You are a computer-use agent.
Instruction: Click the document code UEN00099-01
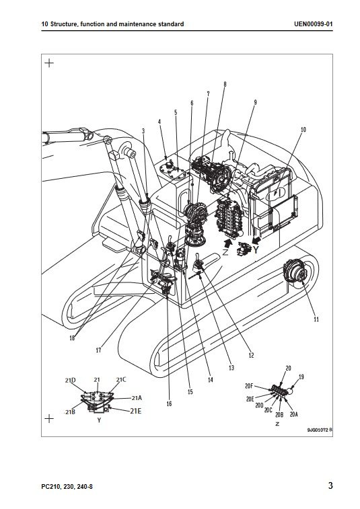point(313,24)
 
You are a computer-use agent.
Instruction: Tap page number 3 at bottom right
point(330,485)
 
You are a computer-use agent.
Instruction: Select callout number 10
point(303,130)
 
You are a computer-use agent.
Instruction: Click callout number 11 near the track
point(316,319)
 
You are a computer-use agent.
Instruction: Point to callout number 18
point(72,338)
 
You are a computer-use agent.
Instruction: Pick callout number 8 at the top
point(225,85)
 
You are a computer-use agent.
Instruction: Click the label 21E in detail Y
point(136,412)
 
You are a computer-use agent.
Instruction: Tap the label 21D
point(70,381)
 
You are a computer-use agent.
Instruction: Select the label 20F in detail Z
point(249,386)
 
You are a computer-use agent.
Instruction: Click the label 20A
point(293,414)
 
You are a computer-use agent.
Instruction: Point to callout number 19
point(301,377)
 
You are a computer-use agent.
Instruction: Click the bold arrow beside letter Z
point(228,243)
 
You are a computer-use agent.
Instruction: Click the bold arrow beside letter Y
point(256,241)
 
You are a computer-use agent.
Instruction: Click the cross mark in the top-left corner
point(49,63)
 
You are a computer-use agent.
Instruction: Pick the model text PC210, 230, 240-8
point(67,487)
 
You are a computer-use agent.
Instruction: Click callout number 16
point(169,404)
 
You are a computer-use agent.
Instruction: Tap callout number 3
point(143,131)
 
